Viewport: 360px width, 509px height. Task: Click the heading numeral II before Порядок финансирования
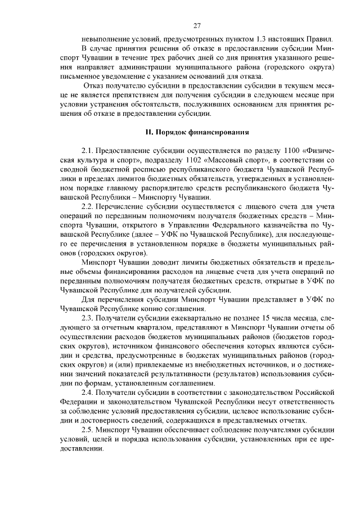pyautogui.click(x=148, y=132)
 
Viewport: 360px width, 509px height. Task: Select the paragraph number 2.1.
pyautogui.click(x=88, y=151)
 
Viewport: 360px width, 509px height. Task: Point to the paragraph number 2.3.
pyautogui.click(x=88, y=318)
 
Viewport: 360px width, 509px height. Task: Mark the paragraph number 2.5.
pyautogui.click(x=88, y=429)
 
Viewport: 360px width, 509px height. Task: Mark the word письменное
pyautogui.click(x=83, y=76)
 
